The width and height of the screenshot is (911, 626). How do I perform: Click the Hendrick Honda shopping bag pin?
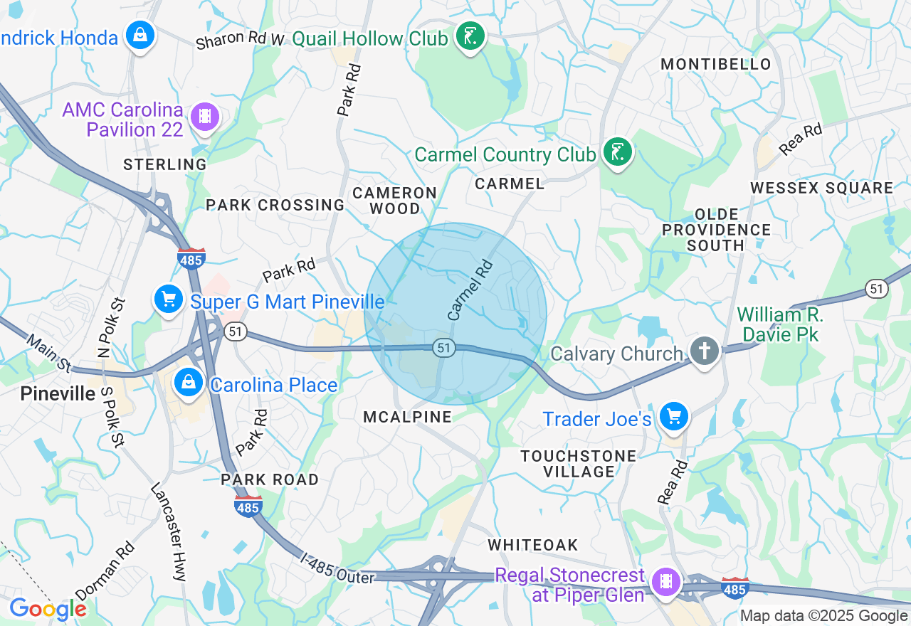pyautogui.click(x=140, y=34)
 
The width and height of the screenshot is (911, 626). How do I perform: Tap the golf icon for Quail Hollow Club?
pyautogui.click(x=469, y=36)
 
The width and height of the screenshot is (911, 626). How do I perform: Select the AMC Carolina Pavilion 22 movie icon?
pyautogui.click(x=205, y=116)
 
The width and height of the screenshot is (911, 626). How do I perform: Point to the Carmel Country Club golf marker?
pyautogui.click(x=616, y=152)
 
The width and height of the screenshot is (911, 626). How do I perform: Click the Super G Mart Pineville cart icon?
pyautogui.click(x=169, y=299)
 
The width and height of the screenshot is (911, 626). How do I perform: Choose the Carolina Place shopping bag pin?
pyautogui.click(x=189, y=383)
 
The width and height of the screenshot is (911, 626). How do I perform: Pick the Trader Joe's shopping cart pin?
pyautogui.click(x=673, y=416)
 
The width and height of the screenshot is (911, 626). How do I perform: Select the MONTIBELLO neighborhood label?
pyautogui.click(x=716, y=64)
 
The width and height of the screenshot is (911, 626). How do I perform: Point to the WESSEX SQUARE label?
pyautogui.click(x=822, y=188)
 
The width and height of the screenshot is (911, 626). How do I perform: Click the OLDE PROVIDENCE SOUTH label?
pyautogui.click(x=716, y=230)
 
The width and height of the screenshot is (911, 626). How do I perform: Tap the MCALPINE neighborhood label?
pyautogui.click(x=407, y=417)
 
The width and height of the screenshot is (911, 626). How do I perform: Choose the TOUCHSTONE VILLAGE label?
pyautogui.click(x=568, y=463)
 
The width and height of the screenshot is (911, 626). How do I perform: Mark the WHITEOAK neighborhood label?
pyautogui.click(x=533, y=545)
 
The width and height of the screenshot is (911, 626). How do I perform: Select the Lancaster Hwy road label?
pyautogui.click(x=168, y=531)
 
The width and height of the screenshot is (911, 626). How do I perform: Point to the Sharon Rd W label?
pyautogui.click(x=240, y=40)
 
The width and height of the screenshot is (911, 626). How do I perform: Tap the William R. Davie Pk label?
pyautogui.click(x=780, y=324)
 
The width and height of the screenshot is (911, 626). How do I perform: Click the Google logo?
pyautogui.click(x=47, y=609)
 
